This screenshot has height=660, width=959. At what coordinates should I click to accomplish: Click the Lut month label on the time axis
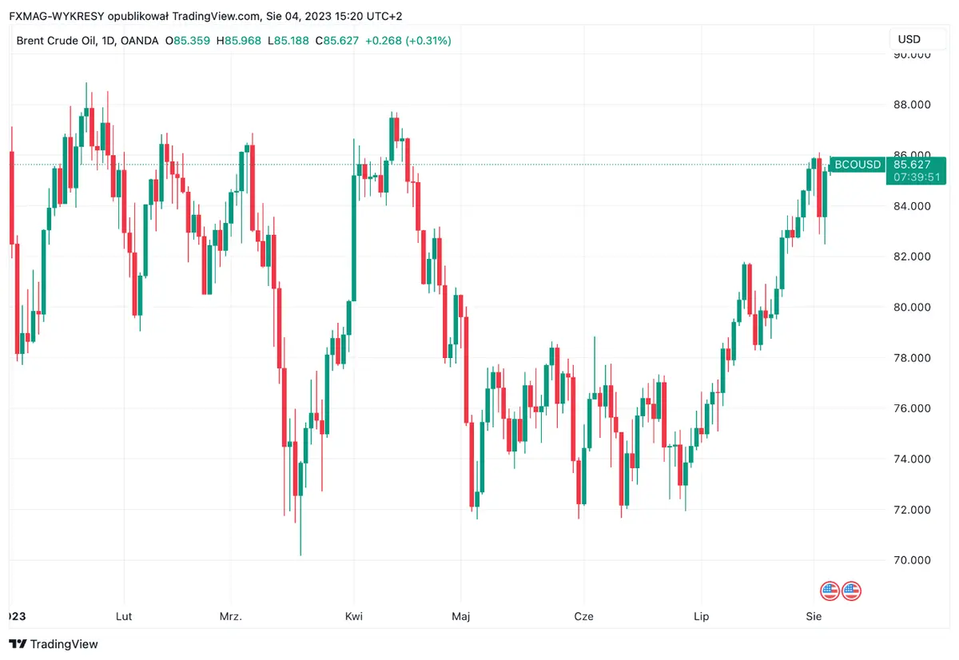(x=124, y=617)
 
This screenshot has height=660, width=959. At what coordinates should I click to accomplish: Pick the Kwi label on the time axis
(x=354, y=617)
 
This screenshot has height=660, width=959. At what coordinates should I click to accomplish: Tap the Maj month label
(x=460, y=617)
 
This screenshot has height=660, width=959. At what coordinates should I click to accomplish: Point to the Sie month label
(x=814, y=617)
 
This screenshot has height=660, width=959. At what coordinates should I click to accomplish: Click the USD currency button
(x=909, y=39)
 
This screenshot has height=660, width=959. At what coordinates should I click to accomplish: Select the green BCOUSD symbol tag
(x=858, y=165)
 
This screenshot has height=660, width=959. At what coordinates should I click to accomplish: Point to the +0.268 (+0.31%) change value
(x=408, y=40)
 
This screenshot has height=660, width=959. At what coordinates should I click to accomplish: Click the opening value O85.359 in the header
(x=188, y=40)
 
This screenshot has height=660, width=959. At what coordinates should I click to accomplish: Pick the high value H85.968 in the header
(x=239, y=40)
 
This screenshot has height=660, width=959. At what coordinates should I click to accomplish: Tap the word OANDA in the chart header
(x=140, y=40)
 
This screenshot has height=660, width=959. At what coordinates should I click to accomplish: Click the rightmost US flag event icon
(x=851, y=591)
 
